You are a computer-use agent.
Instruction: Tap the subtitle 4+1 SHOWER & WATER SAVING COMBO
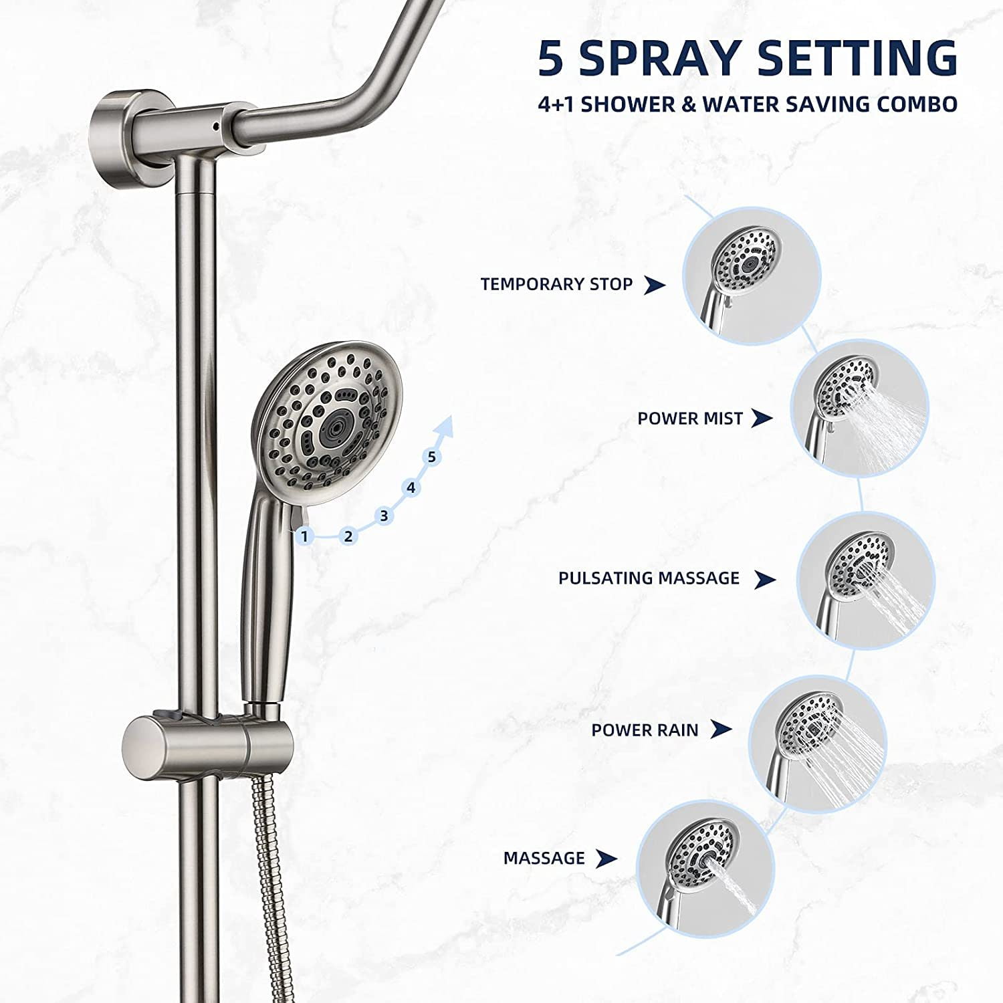[x=748, y=105]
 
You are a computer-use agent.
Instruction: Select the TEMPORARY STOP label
[x=556, y=284]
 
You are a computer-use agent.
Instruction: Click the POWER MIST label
[x=689, y=419]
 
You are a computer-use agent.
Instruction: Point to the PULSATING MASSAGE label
[x=649, y=578]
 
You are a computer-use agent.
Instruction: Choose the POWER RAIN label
[x=644, y=730]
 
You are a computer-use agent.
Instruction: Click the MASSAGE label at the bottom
[x=544, y=858]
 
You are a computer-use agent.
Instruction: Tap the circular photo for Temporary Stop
[x=751, y=275]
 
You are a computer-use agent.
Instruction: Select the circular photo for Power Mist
[x=859, y=408]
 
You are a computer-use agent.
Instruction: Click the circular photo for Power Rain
[x=817, y=744]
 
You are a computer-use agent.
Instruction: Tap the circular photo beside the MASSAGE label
[x=705, y=869]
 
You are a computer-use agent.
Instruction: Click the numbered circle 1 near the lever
[x=304, y=536]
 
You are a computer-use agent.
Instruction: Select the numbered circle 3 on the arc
[x=383, y=516]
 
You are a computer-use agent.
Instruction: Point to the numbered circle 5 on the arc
[x=432, y=457]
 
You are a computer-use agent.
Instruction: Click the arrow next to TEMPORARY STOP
[x=654, y=285]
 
